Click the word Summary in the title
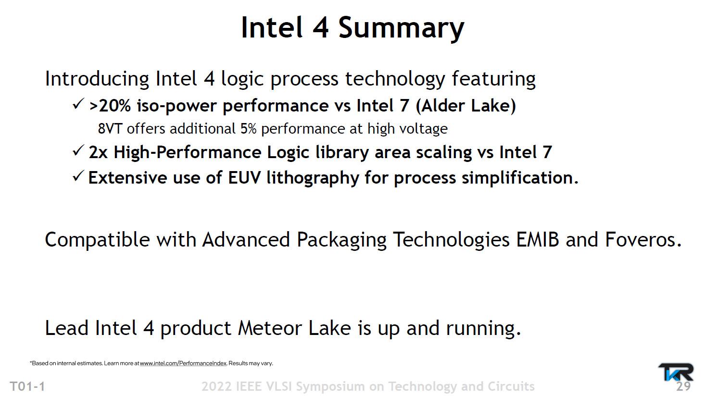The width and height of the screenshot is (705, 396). [x=401, y=29]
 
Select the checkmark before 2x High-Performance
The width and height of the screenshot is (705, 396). [x=78, y=150]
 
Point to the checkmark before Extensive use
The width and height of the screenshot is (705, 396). [x=78, y=176]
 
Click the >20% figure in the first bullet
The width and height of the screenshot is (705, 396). [x=110, y=106]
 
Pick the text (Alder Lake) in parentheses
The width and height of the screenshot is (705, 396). [x=466, y=106]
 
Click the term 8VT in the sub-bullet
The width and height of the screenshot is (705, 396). [x=110, y=129]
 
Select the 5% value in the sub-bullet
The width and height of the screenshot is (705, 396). [x=248, y=129]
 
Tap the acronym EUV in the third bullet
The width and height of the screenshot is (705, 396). [x=245, y=178]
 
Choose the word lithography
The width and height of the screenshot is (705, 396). [x=313, y=178]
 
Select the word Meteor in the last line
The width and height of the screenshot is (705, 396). [x=269, y=328]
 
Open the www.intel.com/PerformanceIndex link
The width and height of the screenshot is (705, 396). [x=183, y=363]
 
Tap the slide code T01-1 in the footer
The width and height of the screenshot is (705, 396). [x=28, y=386]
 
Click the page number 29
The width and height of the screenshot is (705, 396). [x=683, y=386]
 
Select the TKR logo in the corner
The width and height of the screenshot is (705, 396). [x=676, y=372]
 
